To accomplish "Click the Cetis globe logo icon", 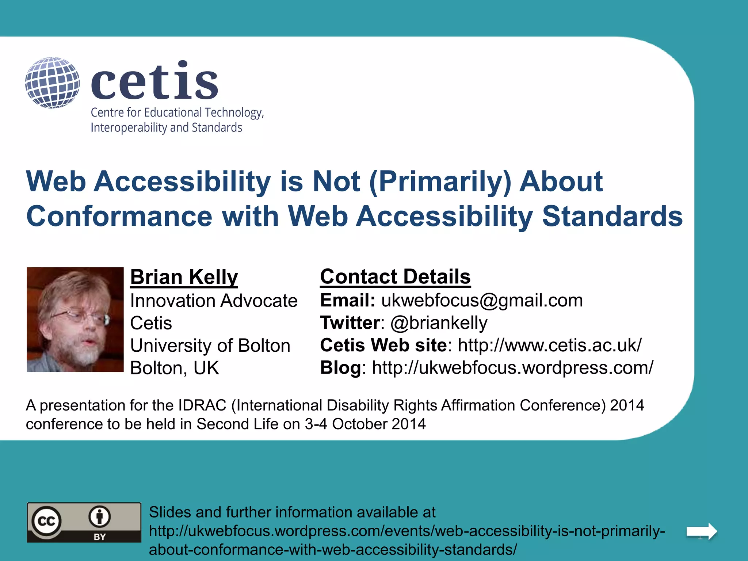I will [x=53, y=83].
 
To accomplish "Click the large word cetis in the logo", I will [x=154, y=81].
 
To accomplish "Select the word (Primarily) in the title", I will [x=440, y=182].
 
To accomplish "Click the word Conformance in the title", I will [x=119, y=216].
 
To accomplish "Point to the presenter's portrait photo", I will [x=75, y=320].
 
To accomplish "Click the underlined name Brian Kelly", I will [x=184, y=277].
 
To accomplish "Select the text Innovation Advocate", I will [x=214, y=301].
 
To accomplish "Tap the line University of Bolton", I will [x=210, y=346].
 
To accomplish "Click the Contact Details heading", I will [x=395, y=276].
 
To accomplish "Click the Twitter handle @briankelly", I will [x=439, y=323].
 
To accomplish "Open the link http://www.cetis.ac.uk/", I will [x=549, y=345].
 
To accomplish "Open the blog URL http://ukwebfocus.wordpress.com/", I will [x=512, y=368].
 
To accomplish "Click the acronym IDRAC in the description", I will [x=202, y=405].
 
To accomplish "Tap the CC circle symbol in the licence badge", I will [x=46, y=521].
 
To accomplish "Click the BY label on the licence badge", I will [x=99, y=537].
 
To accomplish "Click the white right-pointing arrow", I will [x=702, y=531].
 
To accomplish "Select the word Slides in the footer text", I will [x=170, y=512].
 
